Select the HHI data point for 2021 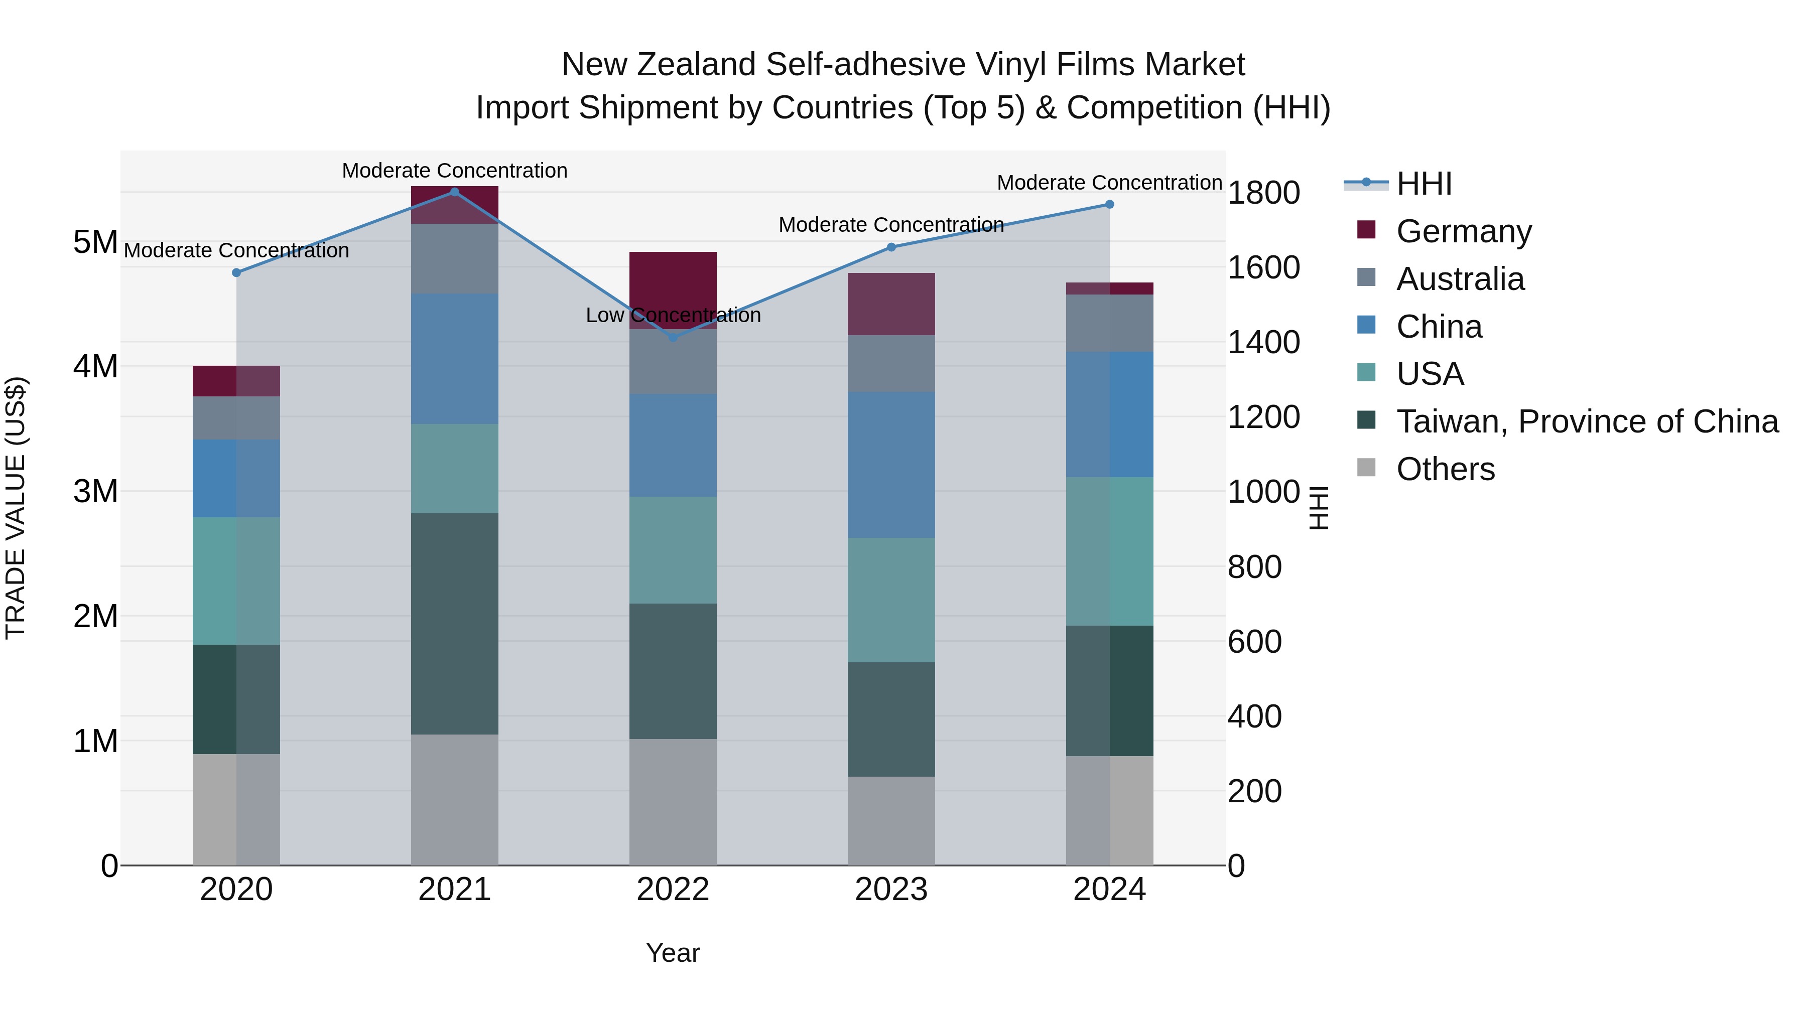click(455, 192)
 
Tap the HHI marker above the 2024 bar click(1110, 205)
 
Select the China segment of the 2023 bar click(891, 465)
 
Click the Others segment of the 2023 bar click(891, 820)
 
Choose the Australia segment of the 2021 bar click(455, 259)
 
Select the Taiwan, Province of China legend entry click(1587, 421)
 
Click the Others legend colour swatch click(1366, 468)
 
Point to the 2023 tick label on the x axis click(891, 890)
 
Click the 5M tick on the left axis click(95, 243)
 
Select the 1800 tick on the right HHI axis click(1263, 193)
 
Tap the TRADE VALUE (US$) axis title click(16, 508)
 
